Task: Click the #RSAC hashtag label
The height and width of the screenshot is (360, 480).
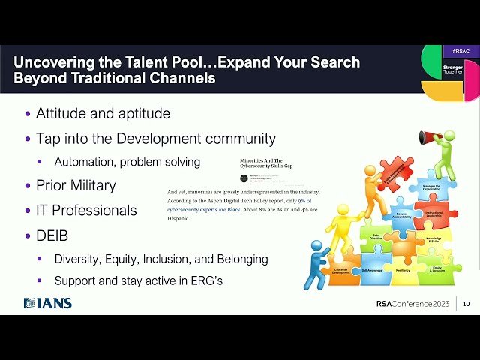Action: tap(461, 51)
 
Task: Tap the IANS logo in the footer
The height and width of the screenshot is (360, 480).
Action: tap(48, 303)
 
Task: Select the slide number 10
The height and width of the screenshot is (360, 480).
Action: tap(466, 304)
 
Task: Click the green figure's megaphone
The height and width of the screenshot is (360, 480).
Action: tap(430, 137)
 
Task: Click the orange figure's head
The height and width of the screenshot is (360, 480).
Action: tap(370, 171)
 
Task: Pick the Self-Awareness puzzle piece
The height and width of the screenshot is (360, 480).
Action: tap(374, 268)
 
